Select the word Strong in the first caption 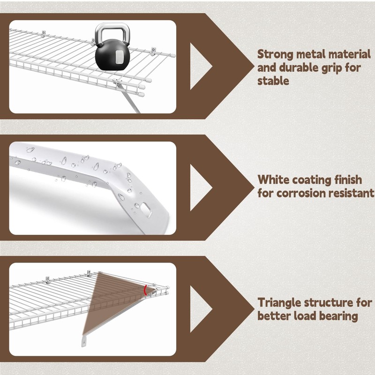[x=275, y=54]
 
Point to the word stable [x=273, y=81]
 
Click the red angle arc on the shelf [x=145, y=290]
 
